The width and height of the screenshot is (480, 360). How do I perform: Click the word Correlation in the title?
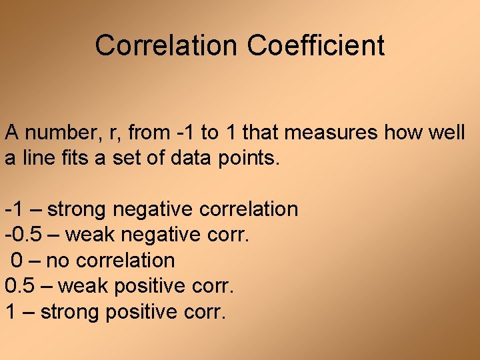click(x=166, y=45)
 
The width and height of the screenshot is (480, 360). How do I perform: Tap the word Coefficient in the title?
click(x=315, y=45)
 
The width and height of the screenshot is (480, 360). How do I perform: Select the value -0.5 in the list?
click(x=21, y=235)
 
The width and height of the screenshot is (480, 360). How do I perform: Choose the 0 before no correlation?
click(x=17, y=260)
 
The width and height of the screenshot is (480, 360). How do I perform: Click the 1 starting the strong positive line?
click(x=11, y=311)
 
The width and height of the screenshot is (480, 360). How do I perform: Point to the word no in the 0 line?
click(x=57, y=260)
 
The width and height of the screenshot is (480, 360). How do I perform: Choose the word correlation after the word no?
click(x=123, y=260)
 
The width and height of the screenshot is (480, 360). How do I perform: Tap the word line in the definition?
click(x=37, y=159)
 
